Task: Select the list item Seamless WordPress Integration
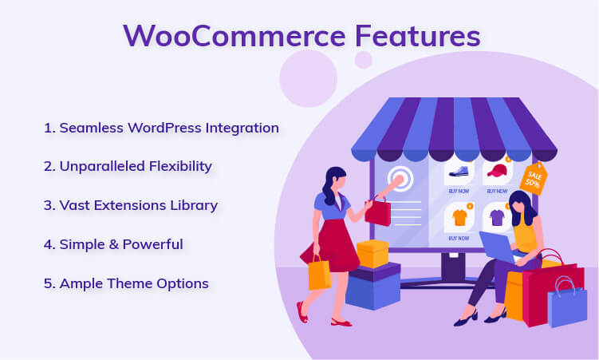pos(162,128)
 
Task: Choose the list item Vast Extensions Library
pos(131,205)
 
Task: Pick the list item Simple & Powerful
pos(113,244)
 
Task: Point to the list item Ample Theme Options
pos(126,283)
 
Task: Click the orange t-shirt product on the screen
pos(459,217)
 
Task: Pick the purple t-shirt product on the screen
pos(498,217)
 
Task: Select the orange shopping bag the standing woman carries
pos(319,274)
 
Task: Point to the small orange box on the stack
pos(372,254)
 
